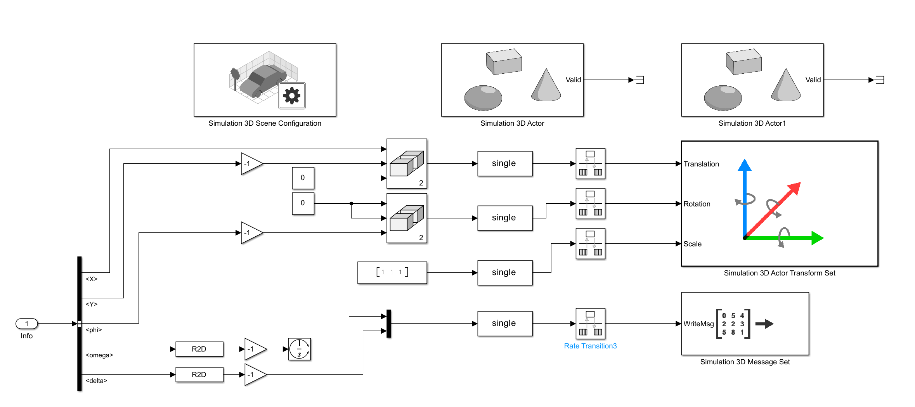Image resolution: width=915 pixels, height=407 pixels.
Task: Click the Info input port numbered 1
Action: (x=26, y=324)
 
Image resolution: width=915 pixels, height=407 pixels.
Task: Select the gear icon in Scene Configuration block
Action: (x=292, y=95)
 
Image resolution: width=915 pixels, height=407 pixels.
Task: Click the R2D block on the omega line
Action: (x=199, y=349)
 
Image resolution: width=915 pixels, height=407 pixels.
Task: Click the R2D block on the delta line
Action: (x=199, y=374)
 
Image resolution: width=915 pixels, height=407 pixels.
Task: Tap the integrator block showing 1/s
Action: (x=299, y=349)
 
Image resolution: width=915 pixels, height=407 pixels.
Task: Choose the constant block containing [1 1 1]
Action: (x=392, y=272)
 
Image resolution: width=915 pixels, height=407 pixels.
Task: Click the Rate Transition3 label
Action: (x=590, y=346)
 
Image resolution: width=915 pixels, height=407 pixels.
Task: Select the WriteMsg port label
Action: (x=698, y=324)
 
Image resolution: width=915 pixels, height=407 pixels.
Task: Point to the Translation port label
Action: (x=701, y=164)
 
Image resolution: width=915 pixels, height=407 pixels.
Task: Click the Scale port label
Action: (x=692, y=244)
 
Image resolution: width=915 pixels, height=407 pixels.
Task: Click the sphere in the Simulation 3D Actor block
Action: (x=483, y=98)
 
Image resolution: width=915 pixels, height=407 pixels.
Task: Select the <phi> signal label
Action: (x=94, y=330)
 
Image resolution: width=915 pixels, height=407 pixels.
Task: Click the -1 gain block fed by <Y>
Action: (x=250, y=163)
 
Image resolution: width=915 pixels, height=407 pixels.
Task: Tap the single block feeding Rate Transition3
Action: (x=504, y=323)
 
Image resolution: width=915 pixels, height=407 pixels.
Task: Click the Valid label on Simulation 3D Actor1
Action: (x=813, y=80)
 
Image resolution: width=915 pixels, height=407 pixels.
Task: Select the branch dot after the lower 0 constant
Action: (x=351, y=203)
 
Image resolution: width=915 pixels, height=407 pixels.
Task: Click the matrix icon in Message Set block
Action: (x=733, y=324)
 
